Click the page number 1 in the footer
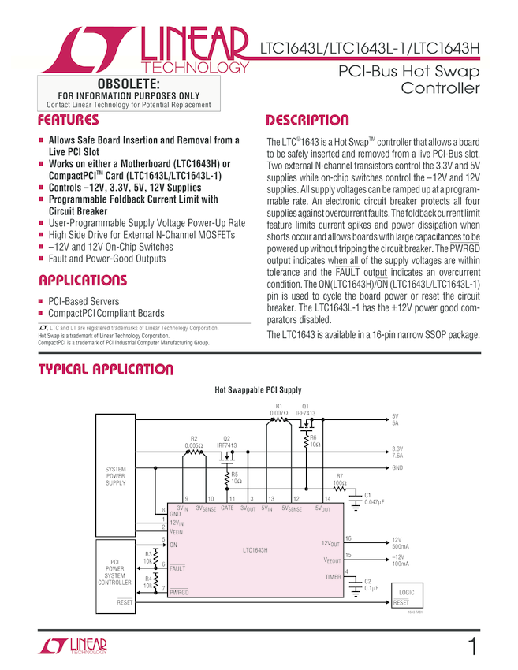pyautogui.click(x=471, y=647)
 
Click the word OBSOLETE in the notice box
pyautogui.click(x=128, y=84)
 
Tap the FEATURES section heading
pyautogui.click(x=69, y=121)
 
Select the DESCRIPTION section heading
pyautogui.click(x=307, y=121)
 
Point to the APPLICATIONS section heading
pyautogui.click(x=82, y=281)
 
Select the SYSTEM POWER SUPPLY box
pyautogui.click(x=115, y=476)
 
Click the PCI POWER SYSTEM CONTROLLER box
pyautogui.click(x=115, y=572)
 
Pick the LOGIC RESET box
pyautogui.click(x=407, y=597)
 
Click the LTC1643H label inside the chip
pyautogui.click(x=258, y=551)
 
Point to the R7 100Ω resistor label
pyautogui.click(x=340, y=478)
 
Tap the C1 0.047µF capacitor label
pyautogui.click(x=373, y=498)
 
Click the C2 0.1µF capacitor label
pyautogui.click(x=371, y=584)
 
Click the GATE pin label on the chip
pyautogui.click(x=227, y=509)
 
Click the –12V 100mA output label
pyautogui.click(x=401, y=560)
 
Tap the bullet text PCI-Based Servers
pyautogui.click(x=84, y=301)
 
